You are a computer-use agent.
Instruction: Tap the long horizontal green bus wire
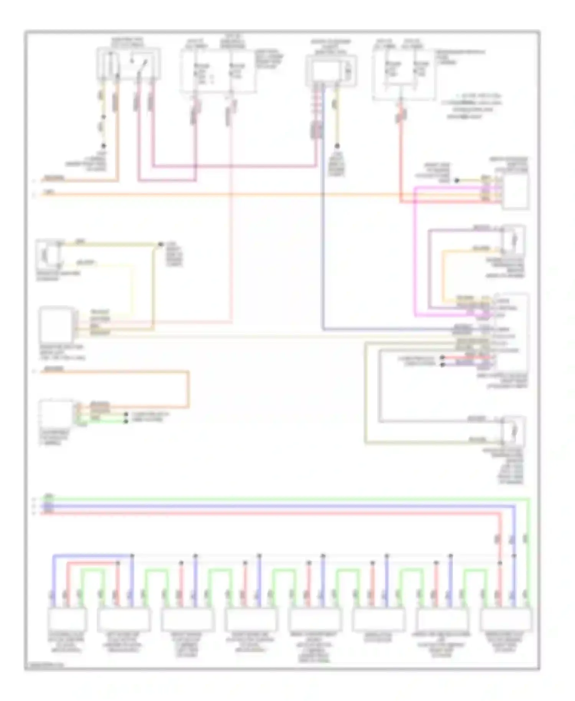coord(268,499)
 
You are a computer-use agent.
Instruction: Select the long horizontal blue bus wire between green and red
coord(268,506)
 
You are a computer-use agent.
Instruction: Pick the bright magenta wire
coord(416,249)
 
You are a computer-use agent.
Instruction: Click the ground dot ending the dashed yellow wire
coord(103,146)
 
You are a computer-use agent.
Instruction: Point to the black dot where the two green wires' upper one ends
coord(126,415)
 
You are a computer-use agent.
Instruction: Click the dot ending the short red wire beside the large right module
coord(443,357)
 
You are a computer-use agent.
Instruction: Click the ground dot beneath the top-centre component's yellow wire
coord(337,146)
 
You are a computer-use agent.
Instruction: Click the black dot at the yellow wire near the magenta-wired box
coord(457,180)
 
